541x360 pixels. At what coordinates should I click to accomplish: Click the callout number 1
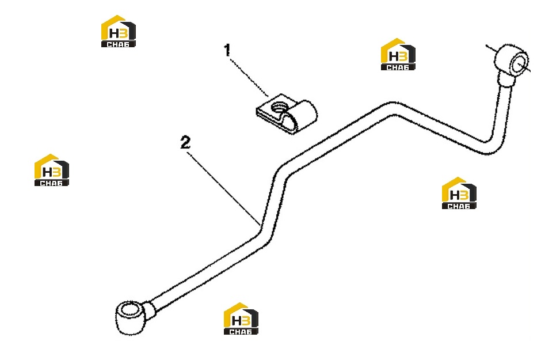click(227, 50)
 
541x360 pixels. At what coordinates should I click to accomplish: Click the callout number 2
click(185, 142)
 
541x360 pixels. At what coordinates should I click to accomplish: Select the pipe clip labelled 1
click(286, 113)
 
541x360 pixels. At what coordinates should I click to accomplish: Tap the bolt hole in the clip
click(278, 107)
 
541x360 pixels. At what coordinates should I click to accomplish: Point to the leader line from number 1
click(249, 77)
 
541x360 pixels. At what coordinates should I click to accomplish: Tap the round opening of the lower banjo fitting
click(129, 309)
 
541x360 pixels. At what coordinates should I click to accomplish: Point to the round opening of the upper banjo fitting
click(519, 65)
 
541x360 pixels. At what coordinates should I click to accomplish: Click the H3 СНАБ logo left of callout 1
click(119, 31)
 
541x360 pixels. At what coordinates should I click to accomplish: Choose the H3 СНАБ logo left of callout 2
click(51, 170)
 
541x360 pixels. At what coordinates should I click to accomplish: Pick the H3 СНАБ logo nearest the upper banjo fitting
click(398, 54)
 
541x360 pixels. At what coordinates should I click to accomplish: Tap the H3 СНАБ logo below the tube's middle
click(241, 319)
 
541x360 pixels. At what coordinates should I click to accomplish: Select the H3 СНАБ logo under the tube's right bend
click(459, 193)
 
